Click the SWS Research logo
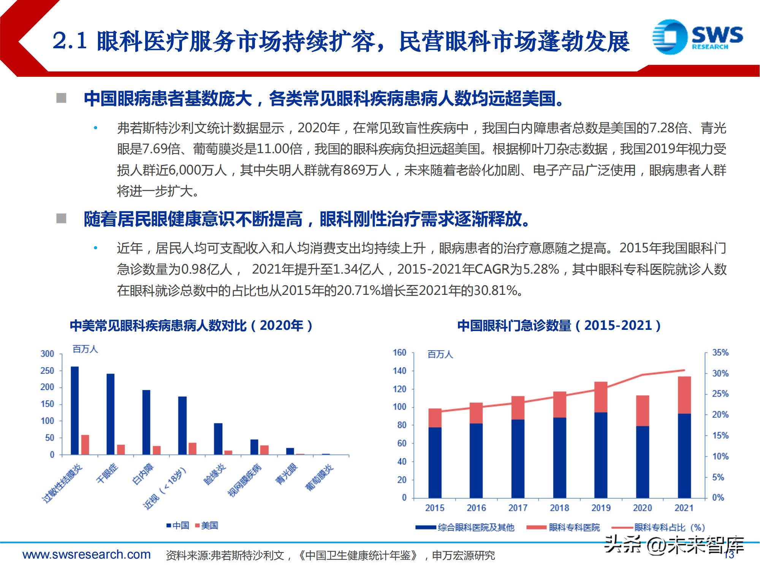pos(697,37)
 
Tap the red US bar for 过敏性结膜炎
pos(85,445)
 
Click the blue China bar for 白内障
pos(146,422)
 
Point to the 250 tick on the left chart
pos(47,371)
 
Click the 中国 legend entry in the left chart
pos(178,526)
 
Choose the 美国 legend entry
pos(207,526)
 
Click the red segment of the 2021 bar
pos(684,395)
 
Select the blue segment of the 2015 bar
pos(435,462)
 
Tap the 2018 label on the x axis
pos(559,508)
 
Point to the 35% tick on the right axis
pos(720,353)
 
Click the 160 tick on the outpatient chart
pos(399,353)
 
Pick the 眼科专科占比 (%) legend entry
pos(669,527)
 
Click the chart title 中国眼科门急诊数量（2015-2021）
pos(559,326)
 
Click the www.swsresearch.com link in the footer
pos(87,555)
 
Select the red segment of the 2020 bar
pos(643,411)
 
